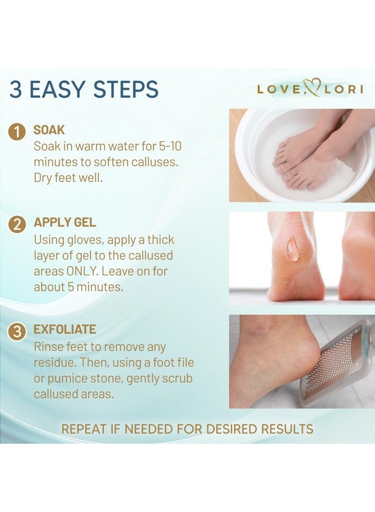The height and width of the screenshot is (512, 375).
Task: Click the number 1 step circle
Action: (18, 133)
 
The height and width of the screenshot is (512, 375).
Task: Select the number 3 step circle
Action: (18, 332)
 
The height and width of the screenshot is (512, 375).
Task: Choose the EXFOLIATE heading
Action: (64, 329)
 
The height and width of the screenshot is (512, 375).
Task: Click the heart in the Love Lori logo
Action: (311, 88)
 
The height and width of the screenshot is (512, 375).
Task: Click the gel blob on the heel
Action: (293, 249)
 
